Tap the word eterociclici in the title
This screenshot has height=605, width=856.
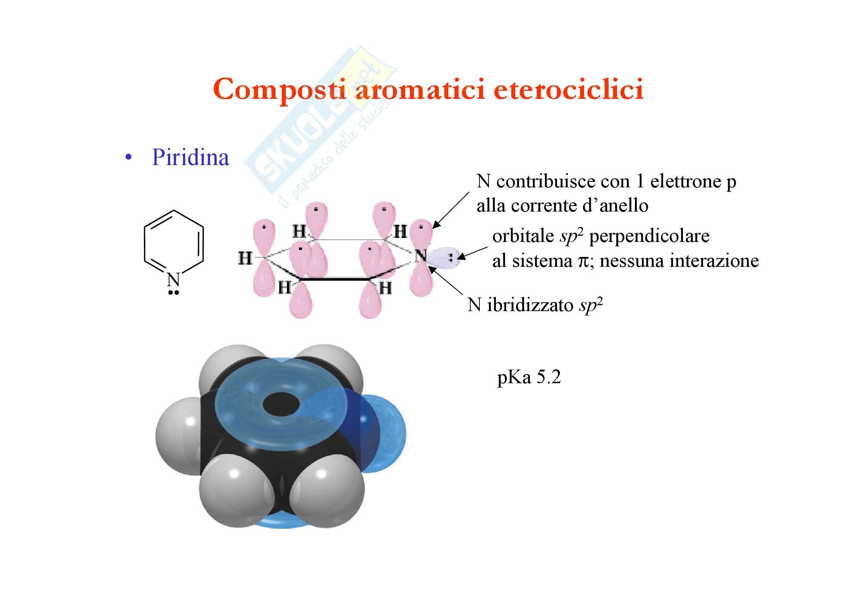coord(569,89)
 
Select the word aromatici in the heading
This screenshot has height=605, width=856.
coord(420,89)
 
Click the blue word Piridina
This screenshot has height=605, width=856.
coord(191,157)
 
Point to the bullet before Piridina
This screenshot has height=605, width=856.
coord(128,158)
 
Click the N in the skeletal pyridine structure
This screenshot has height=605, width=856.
coord(174,279)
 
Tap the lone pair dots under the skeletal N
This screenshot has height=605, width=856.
coord(174,293)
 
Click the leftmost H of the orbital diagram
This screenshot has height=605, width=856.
coord(245,258)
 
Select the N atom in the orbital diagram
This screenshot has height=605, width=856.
coord(421,255)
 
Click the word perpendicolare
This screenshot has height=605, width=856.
coord(649,236)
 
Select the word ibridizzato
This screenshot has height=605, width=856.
coord(530,305)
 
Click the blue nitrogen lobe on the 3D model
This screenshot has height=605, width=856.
coord(384,432)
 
